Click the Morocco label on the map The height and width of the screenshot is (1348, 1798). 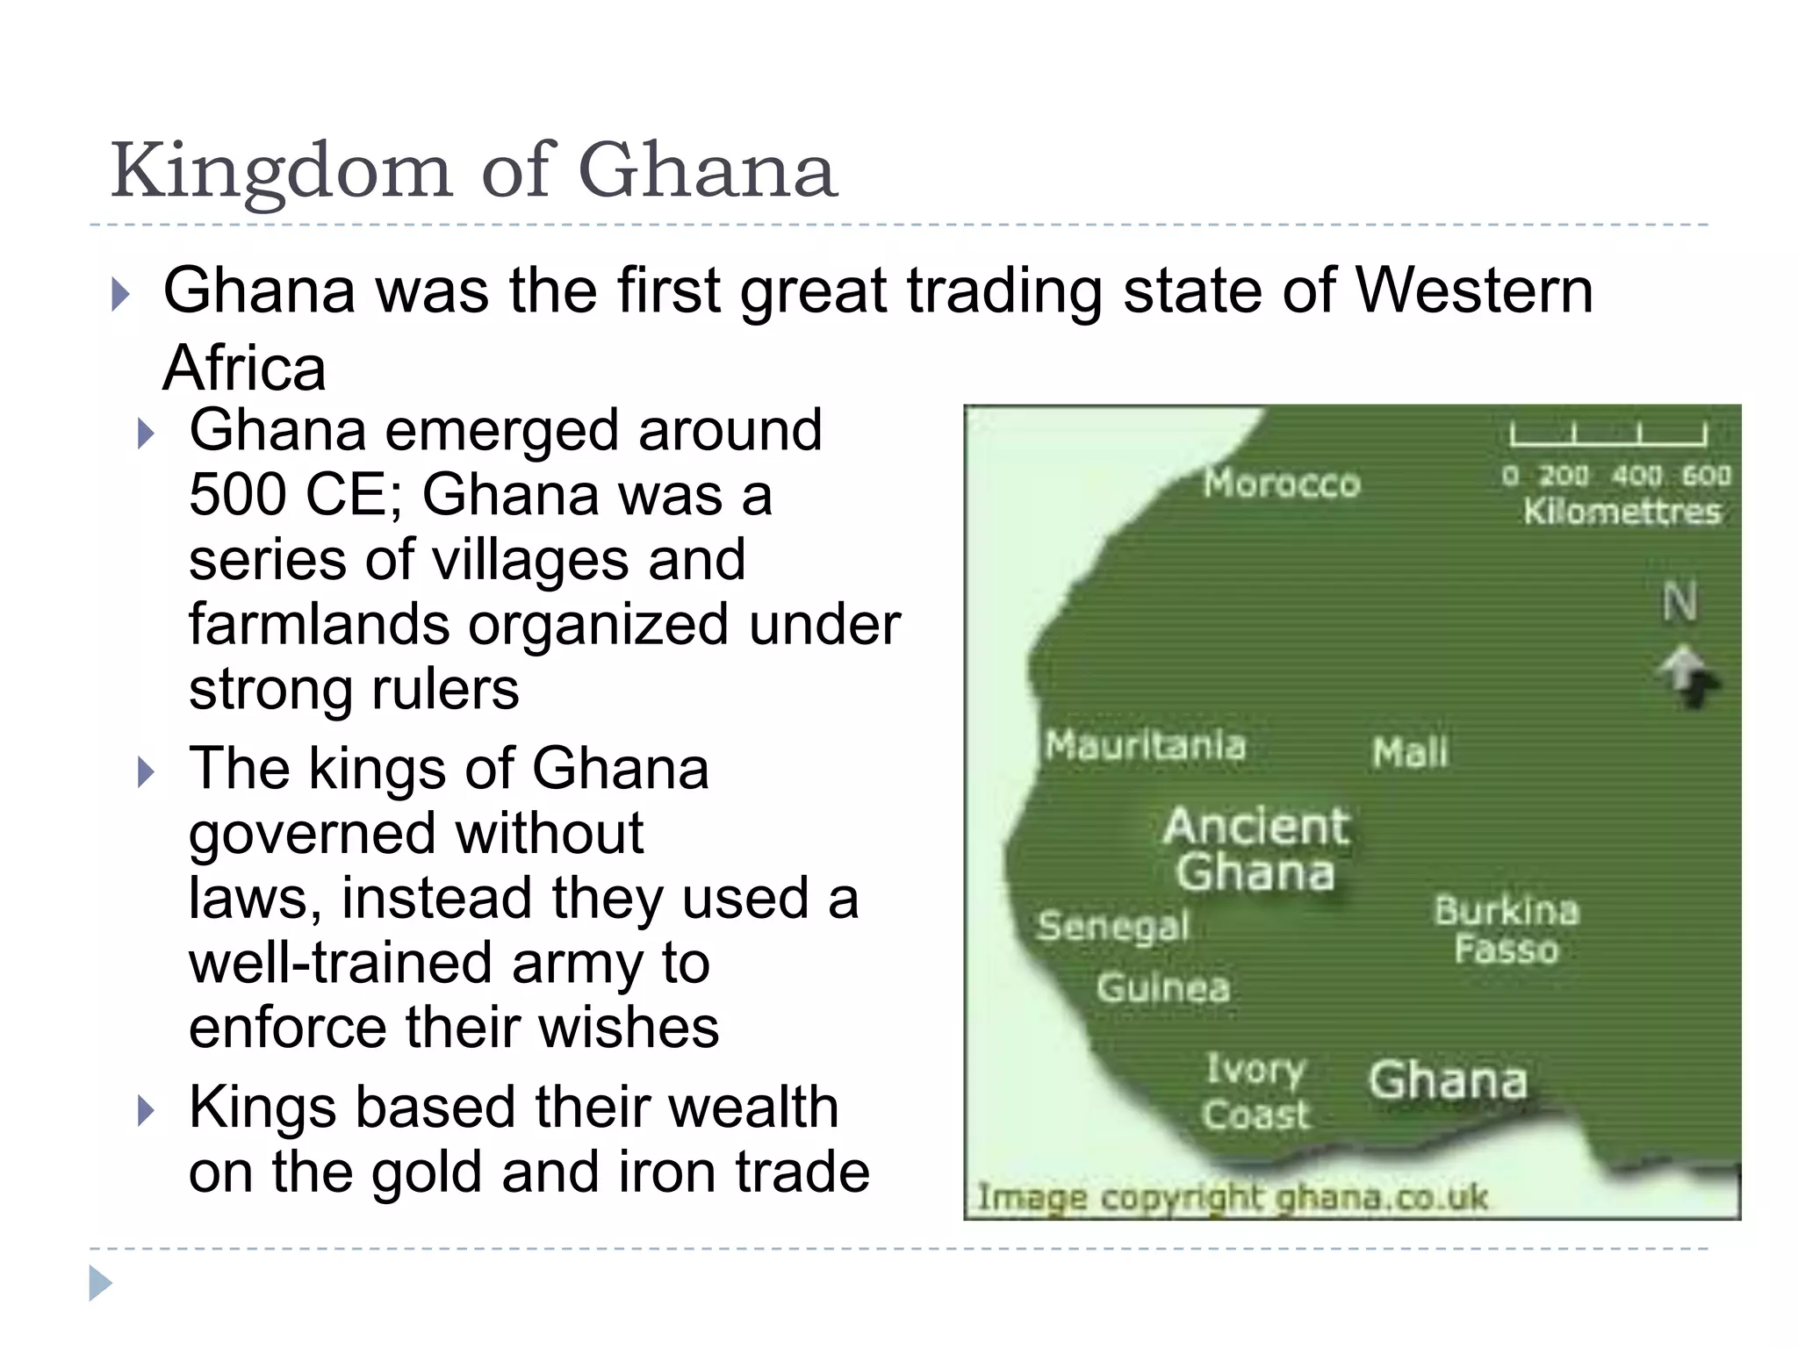1281,484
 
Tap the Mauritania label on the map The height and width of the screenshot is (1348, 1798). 1145,746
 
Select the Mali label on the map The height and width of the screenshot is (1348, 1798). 1410,753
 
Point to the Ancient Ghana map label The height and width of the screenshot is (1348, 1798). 1256,849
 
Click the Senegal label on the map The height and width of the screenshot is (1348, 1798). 1113,926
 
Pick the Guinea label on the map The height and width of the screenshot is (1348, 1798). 1162,988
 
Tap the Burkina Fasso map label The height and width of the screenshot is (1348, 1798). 1507,929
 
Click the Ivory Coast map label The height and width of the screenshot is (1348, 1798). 1255,1092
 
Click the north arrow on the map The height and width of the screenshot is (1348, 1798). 1688,676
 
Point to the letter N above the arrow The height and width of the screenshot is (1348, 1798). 1679,603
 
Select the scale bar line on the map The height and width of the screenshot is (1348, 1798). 1608,435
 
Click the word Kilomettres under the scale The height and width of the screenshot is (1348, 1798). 1622,512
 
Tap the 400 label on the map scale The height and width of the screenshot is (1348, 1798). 1636,476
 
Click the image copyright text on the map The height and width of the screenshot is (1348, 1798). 1233,1198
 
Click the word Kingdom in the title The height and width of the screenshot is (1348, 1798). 281,171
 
